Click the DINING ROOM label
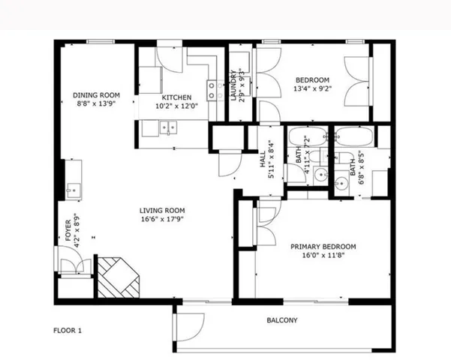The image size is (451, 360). tap(97, 95)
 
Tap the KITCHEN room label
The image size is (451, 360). tap(176, 97)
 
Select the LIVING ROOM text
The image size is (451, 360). tap(162, 210)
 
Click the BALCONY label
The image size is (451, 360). tap(282, 321)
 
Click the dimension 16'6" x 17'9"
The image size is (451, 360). tap(162, 220)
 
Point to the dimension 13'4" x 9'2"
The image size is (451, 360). tap(312, 89)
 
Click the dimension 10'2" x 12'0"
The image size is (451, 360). tap(176, 106)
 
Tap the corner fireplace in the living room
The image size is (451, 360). tap(119, 277)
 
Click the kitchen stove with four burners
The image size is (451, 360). tap(215, 91)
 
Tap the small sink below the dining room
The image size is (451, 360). tap(73, 189)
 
